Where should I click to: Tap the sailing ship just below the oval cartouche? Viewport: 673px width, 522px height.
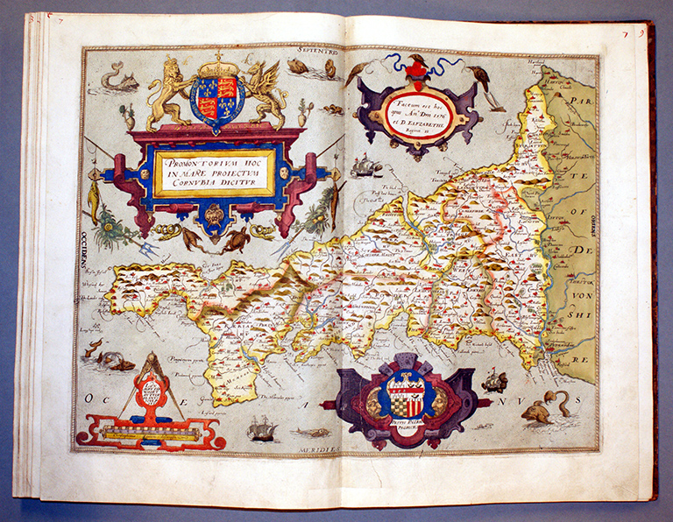(366, 166)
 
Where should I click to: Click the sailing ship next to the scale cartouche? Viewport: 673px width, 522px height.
(261, 427)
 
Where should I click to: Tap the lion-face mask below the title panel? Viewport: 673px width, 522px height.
(214, 213)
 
